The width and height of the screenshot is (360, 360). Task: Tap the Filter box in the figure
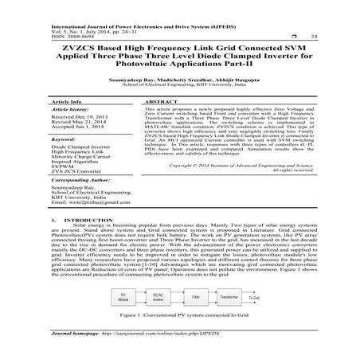point(195,296)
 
